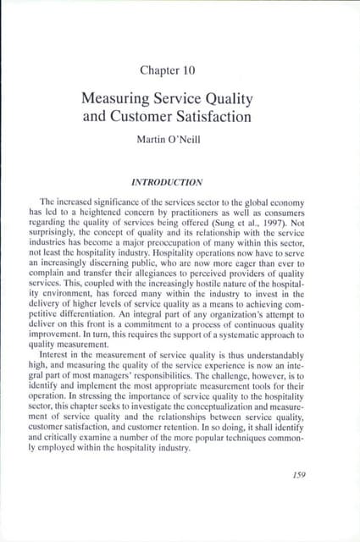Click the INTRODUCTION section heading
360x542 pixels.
(x=179, y=180)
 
